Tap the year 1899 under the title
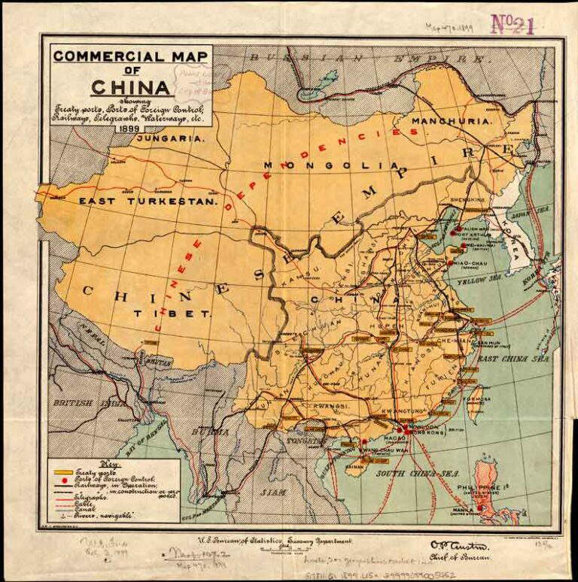click(x=131, y=126)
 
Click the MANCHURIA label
click(x=452, y=120)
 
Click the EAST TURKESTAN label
click(x=148, y=202)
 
